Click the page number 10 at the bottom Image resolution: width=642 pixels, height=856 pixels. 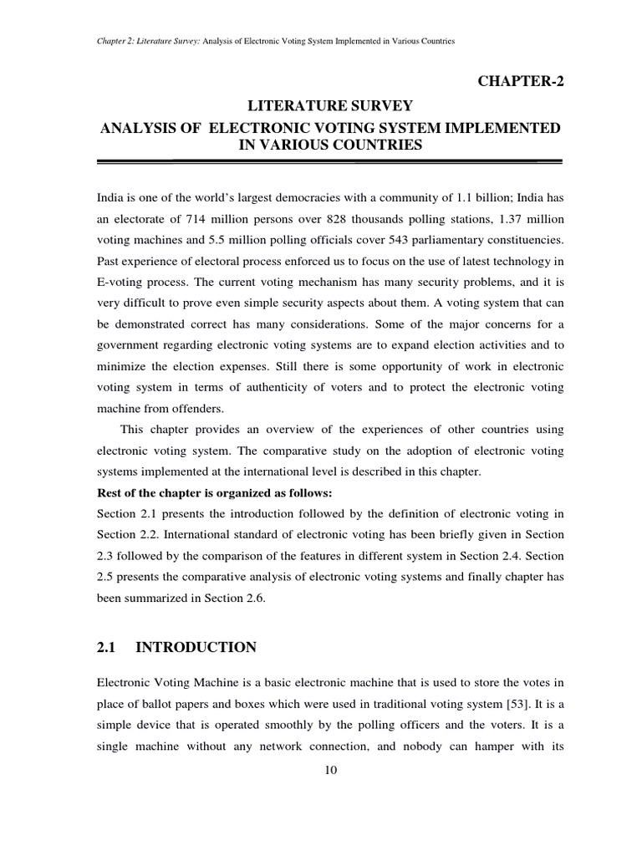pos(329,770)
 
